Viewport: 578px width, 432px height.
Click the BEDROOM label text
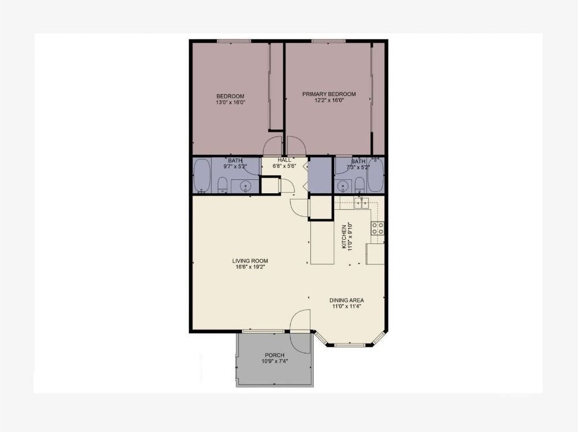tap(230, 96)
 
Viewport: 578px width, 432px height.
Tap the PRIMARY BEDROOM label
tap(329, 94)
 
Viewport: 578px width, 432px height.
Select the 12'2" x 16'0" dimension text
tap(329, 101)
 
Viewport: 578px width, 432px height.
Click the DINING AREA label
tap(346, 300)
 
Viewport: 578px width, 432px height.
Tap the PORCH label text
tap(275, 355)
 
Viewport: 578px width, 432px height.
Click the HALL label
tap(284, 160)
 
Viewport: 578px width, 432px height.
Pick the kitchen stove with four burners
tap(378, 228)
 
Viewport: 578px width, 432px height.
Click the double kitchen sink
tap(362, 202)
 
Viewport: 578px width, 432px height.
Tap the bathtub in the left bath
tap(202, 176)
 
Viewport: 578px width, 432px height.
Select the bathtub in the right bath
tap(376, 176)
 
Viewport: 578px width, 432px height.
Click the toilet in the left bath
tap(222, 185)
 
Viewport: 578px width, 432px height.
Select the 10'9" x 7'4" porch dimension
tap(275, 361)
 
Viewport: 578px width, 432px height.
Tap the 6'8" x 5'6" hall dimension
tap(284, 167)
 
